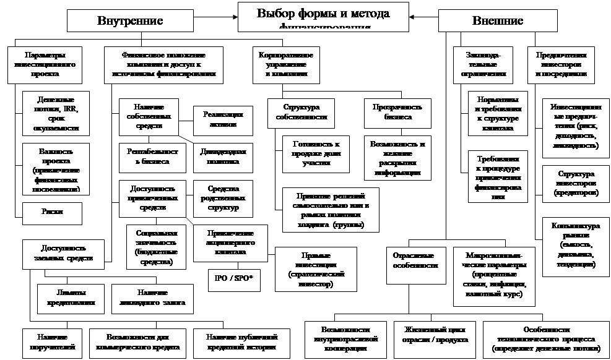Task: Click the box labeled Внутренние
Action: click(130, 20)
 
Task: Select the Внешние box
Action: click(498, 20)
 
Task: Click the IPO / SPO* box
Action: click(234, 278)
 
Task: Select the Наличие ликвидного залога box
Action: click(148, 298)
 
